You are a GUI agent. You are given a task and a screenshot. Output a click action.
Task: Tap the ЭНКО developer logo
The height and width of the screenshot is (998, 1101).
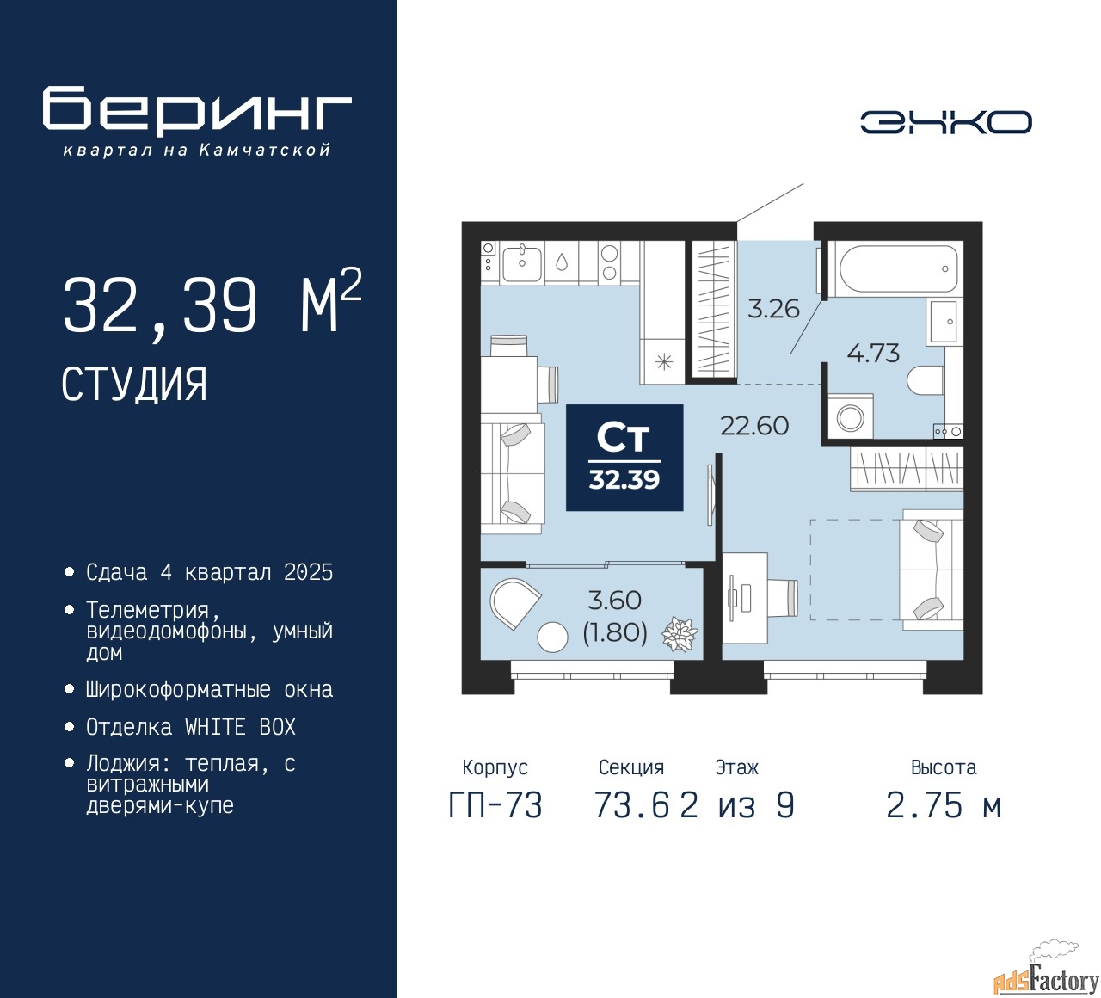pos(945,122)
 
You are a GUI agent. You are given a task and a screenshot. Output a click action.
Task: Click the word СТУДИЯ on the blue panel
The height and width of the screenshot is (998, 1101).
pos(134,384)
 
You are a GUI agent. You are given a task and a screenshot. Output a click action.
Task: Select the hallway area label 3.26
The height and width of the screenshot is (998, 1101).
pos(773,309)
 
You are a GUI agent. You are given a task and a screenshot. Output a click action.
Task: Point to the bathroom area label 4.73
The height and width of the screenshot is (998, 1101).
pos(873,353)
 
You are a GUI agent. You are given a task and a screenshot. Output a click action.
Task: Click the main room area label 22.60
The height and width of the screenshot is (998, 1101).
pos(754,425)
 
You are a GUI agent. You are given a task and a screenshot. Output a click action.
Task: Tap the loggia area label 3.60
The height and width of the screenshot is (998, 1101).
pos(614,600)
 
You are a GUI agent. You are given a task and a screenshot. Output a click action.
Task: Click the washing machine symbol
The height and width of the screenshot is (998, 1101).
pos(850,416)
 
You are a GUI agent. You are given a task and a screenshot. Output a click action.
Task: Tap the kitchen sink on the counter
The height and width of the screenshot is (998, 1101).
pos(521,263)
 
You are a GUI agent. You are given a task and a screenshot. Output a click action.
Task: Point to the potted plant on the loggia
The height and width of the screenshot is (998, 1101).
pos(680,635)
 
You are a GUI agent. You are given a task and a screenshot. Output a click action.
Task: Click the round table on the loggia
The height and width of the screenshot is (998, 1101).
pos(552,637)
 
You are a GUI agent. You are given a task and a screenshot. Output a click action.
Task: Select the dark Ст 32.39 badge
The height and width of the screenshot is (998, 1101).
pos(624,458)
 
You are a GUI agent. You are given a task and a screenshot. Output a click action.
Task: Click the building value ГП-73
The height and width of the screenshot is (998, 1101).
pos(495,805)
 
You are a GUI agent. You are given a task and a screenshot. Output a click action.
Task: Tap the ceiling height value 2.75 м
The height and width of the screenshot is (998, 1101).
pos(944,805)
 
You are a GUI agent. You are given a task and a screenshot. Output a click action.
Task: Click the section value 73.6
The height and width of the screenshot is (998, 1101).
pos(631,805)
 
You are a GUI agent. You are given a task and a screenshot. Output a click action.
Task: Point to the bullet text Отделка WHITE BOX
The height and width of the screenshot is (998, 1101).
pos(190,727)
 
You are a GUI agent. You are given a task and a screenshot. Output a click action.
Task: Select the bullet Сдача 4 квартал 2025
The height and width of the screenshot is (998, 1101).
pos(209,572)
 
